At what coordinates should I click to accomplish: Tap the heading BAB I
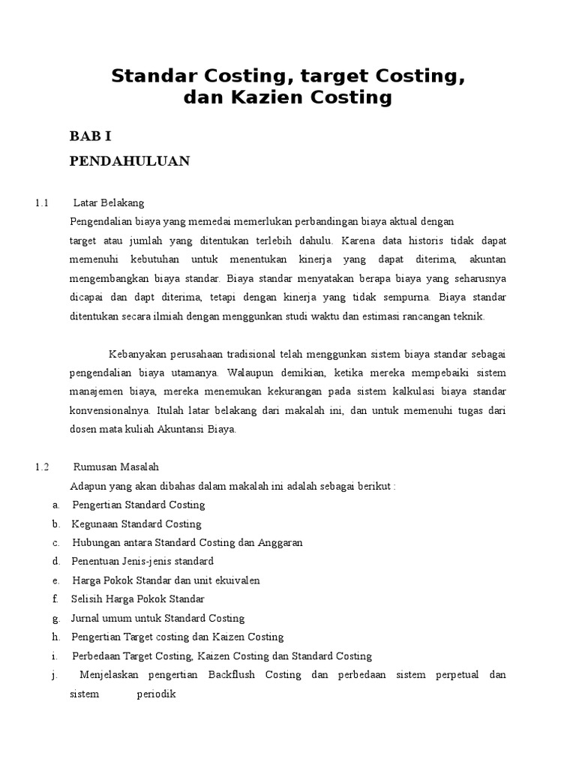pyautogui.click(x=90, y=136)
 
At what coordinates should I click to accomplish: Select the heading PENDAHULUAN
pyautogui.click(x=130, y=160)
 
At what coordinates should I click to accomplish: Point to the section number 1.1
pyautogui.click(x=41, y=203)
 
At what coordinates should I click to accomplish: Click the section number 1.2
pyautogui.click(x=41, y=466)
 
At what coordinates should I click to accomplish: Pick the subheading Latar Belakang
pyautogui.click(x=109, y=203)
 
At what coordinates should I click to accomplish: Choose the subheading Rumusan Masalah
pyautogui.click(x=116, y=466)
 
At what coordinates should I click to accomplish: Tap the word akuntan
pyautogui.click(x=487, y=259)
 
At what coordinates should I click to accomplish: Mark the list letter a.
pyautogui.click(x=55, y=505)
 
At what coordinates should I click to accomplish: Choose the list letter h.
pyautogui.click(x=55, y=637)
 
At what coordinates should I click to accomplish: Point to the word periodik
pyautogui.click(x=155, y=694)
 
